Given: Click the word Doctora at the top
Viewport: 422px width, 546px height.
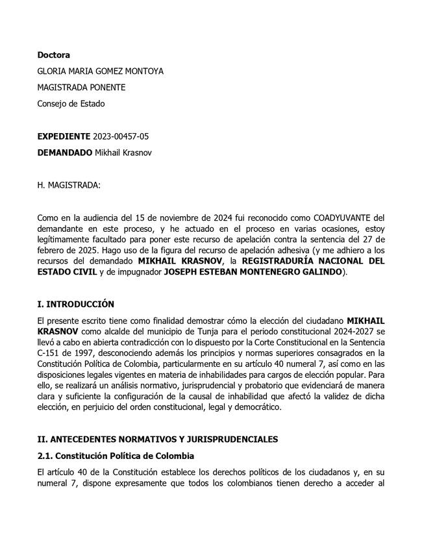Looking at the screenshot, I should [53, 55].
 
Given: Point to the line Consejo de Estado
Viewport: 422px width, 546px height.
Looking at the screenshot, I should [71, 104].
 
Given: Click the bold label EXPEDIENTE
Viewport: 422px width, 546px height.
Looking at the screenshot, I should [64, 136].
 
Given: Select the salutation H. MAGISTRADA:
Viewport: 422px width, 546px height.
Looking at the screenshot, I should [69, 185].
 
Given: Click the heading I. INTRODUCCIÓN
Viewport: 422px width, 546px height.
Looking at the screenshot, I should [75, 304].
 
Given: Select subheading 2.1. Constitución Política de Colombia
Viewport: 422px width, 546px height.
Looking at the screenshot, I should [116, 456].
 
